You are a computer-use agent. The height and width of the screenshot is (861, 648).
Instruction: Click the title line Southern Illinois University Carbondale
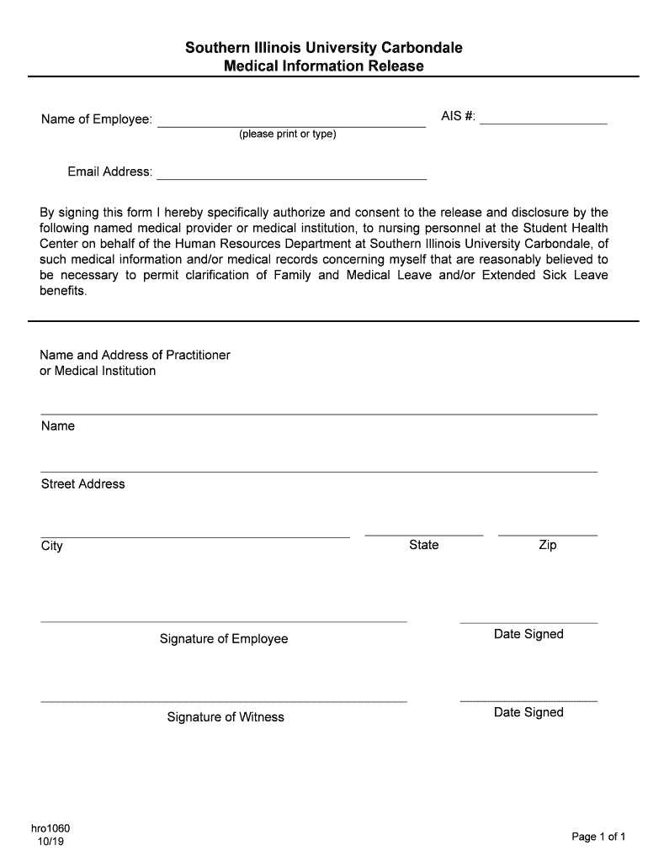323,48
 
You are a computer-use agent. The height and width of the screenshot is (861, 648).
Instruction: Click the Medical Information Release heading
323,66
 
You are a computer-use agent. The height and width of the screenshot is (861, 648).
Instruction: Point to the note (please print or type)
287,135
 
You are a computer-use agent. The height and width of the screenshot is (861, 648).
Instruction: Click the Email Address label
109,172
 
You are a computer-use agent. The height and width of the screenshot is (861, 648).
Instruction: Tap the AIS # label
458,116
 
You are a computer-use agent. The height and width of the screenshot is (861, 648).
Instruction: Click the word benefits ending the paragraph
63,292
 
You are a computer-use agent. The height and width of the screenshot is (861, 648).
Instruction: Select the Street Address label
82,484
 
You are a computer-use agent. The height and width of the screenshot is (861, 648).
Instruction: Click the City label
51,547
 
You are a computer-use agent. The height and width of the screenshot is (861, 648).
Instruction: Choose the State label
423,545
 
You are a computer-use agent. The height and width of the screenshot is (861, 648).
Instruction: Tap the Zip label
547,545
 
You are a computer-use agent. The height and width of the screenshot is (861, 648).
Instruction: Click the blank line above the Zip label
547,534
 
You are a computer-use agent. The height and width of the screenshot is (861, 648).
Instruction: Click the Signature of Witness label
226,717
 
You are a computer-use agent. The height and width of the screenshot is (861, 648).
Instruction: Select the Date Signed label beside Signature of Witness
528,712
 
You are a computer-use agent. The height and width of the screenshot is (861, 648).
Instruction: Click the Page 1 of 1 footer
598,837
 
